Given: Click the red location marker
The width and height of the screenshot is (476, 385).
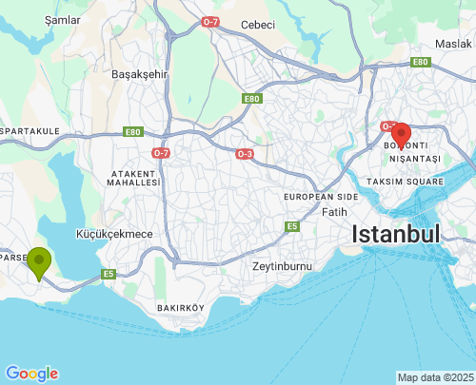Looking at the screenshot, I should tap(401, 134).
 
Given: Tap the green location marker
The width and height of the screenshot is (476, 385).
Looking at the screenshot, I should tap(38, 262).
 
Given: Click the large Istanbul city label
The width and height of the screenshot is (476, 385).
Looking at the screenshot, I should tap(396, 234).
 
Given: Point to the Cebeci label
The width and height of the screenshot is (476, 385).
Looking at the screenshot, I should tap(257, 25).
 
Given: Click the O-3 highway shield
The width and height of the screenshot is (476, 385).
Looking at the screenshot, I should tap(245, 153).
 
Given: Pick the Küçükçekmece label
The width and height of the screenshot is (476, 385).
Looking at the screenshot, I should tap(113, 233).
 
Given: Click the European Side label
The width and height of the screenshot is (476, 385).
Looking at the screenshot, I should tap(321, 196).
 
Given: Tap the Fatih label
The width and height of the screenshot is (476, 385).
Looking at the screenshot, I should tap(334, 212).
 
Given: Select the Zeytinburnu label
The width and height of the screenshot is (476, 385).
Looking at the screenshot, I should tap(282, 266).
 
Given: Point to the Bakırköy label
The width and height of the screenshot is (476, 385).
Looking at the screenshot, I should tap(181, 307).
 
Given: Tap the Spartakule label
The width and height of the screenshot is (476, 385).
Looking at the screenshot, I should tap(30, 130).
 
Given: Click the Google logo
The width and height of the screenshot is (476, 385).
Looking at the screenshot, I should tap(31, 374).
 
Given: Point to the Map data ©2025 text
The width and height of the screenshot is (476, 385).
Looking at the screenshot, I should tap(434, 377).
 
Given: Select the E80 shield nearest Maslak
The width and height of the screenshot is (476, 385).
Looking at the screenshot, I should tap(420, 62).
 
